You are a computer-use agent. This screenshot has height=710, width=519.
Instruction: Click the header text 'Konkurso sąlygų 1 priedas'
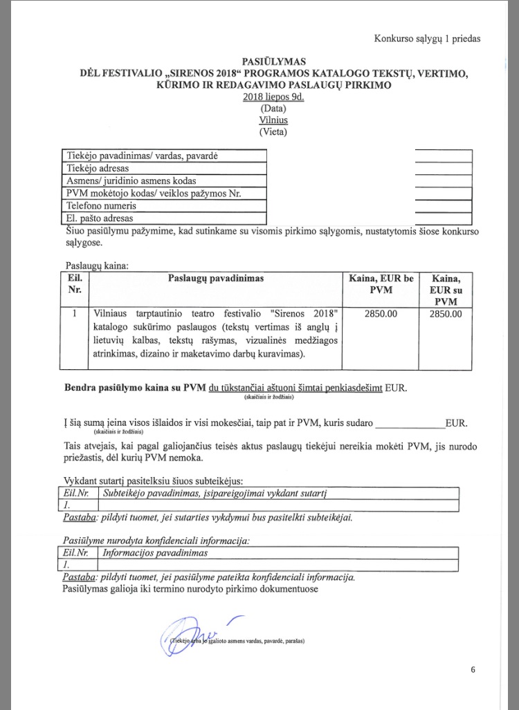427,39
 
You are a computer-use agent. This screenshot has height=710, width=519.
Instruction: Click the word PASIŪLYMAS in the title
273,62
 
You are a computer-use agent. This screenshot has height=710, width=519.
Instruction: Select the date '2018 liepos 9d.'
273,97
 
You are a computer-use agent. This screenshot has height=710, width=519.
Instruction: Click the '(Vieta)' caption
273,131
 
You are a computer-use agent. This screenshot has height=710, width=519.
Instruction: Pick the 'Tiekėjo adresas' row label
98,168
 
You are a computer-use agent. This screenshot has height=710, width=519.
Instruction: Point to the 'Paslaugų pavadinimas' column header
215,278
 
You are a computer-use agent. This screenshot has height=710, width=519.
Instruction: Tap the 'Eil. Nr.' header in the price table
75,284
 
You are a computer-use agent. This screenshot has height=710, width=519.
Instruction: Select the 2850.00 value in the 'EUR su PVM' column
446,314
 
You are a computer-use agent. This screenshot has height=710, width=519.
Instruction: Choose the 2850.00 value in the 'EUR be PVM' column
381,314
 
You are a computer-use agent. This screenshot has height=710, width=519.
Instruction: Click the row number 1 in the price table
74,314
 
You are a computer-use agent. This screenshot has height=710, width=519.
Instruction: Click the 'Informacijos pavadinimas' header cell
155,553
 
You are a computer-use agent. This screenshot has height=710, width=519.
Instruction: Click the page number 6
473,669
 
